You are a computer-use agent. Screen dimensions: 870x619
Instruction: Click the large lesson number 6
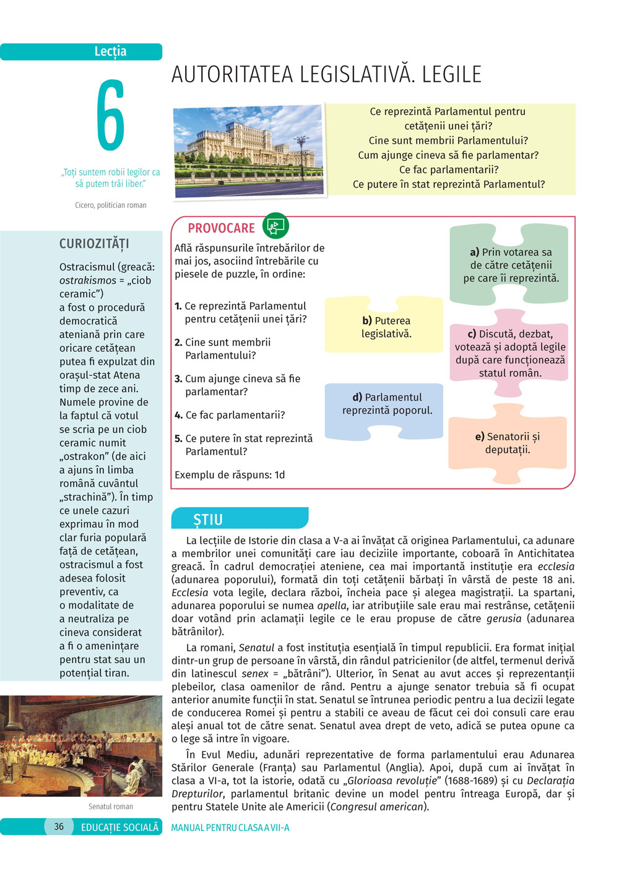coord(110,115)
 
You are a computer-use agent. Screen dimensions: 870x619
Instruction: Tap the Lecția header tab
coord(110,51)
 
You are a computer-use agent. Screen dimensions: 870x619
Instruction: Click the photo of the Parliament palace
coord(249,150)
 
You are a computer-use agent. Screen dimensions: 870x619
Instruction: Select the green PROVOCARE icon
coord(275,226)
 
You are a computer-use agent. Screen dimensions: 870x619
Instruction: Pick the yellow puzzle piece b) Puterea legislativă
coord(385,326)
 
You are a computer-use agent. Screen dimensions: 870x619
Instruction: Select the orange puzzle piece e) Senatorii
coord(508,443)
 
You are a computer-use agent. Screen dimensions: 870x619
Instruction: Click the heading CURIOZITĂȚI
coord(94,243)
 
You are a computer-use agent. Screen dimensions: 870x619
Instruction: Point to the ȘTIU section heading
coord(208,520)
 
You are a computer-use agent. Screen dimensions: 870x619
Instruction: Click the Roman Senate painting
coord(81,746)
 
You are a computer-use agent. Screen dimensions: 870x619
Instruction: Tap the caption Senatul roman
coord(110,806)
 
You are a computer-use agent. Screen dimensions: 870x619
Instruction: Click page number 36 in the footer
coord(59,827)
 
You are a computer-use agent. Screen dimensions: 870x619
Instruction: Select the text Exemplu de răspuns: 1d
coord(230,475)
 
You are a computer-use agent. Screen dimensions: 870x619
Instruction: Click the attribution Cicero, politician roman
coord(110,205)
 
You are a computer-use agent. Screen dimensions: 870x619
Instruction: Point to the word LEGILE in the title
coord(451,74)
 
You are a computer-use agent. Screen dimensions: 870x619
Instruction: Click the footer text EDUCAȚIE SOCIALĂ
coord(119,827)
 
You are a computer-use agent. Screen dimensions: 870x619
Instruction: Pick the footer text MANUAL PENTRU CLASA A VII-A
coord(230,827)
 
